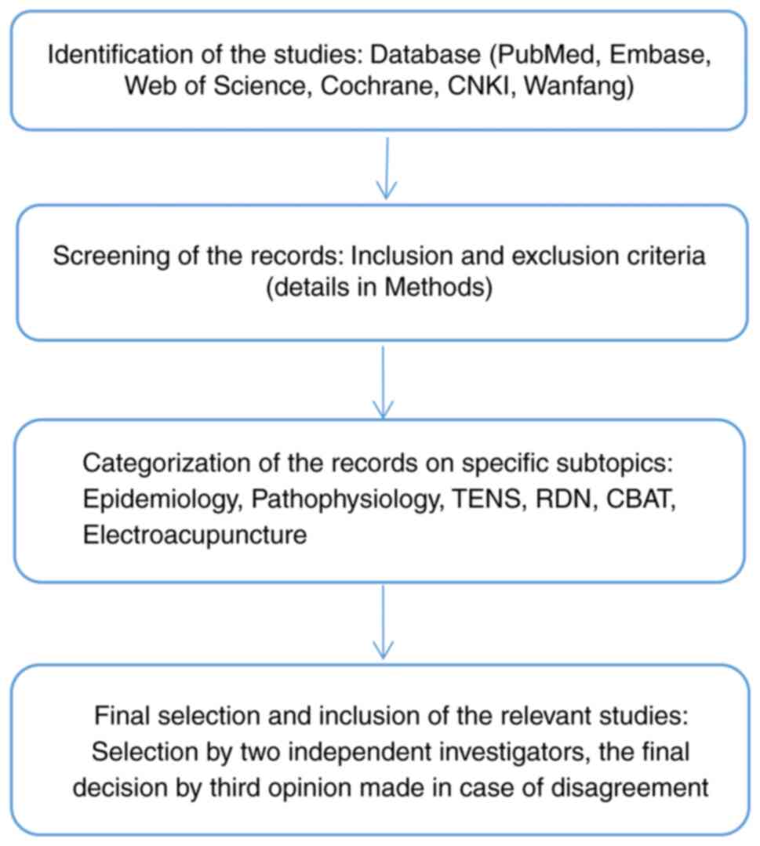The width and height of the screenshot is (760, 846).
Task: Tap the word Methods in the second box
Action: click(x=441, y=287)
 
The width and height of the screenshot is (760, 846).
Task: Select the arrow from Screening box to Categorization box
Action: click(x=382, y=382)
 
